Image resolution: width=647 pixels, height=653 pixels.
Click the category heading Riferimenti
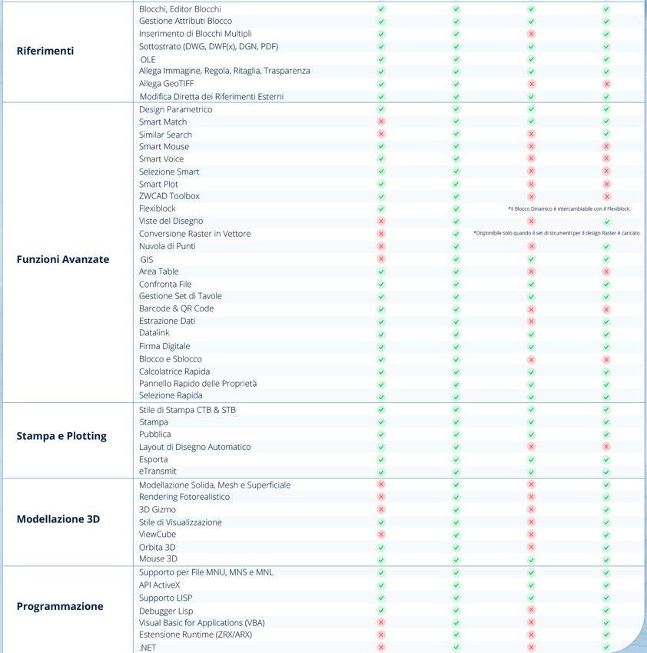45,51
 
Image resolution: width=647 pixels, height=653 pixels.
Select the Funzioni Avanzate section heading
63,259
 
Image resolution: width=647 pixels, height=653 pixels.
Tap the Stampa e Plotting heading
61,436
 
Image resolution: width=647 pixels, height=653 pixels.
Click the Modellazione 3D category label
58,519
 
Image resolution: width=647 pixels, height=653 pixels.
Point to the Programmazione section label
60,606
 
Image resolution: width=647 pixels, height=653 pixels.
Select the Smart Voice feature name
161,159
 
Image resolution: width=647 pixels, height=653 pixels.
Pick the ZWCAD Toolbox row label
169,196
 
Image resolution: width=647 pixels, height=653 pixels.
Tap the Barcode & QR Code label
176,308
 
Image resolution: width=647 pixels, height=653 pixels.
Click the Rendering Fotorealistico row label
184,497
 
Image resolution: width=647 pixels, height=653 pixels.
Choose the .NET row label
148,648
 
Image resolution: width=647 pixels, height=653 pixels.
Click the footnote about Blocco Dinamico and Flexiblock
569,208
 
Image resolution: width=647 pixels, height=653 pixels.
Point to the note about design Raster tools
557,233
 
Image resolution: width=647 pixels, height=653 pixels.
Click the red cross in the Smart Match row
381,122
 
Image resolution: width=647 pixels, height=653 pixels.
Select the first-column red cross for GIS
381,259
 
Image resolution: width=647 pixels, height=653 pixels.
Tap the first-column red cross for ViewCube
381,534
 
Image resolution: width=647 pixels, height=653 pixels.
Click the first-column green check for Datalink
381,334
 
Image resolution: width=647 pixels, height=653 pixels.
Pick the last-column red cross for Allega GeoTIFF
606,83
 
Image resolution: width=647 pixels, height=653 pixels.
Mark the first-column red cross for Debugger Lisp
381,610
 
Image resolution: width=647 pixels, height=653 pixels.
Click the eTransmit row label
158,471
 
